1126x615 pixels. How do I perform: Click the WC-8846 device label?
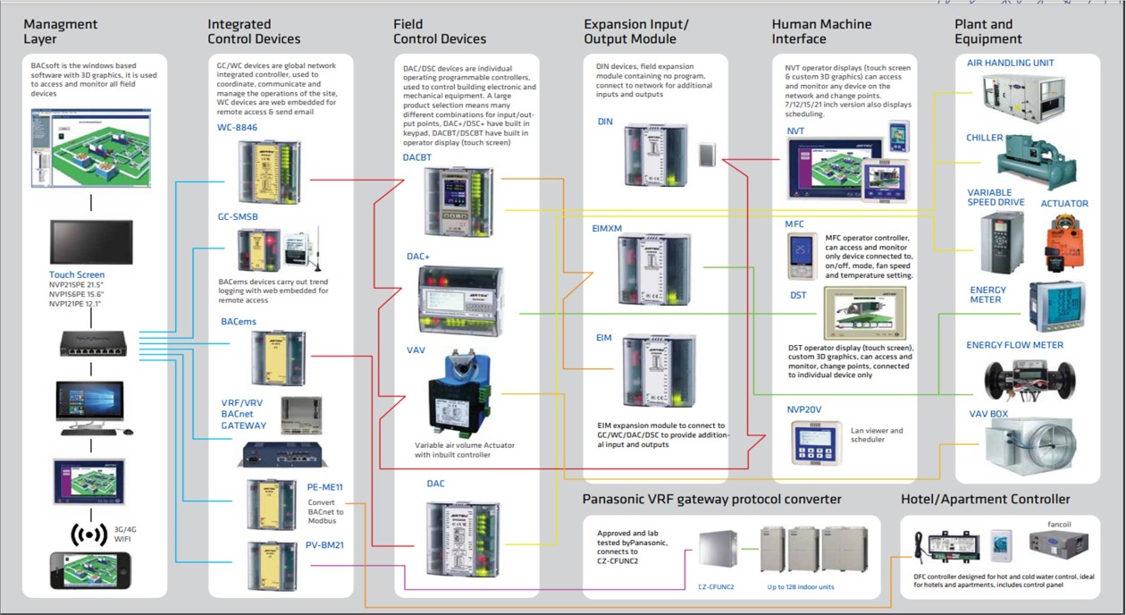pos(237,128)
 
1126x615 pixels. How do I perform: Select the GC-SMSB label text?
pos(238,216)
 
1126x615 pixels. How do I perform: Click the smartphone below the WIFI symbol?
pos(89,570)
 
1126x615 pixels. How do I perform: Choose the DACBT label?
pos(417,157)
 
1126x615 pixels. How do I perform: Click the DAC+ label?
pos(418,257)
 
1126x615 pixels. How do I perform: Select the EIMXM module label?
pos(608,229)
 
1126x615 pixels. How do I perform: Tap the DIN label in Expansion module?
pos(605,122)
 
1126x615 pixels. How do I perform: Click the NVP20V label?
pos(804,409)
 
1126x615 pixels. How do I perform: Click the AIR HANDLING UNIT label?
pos(1010,63)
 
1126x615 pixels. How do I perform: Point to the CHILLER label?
pos(985,139)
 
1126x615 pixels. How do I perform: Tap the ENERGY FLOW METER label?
pos(1014,345)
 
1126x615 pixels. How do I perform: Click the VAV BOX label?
pos(988,414)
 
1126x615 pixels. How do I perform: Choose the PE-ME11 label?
pos(324,487)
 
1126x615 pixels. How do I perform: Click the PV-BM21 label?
pos(324,545)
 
